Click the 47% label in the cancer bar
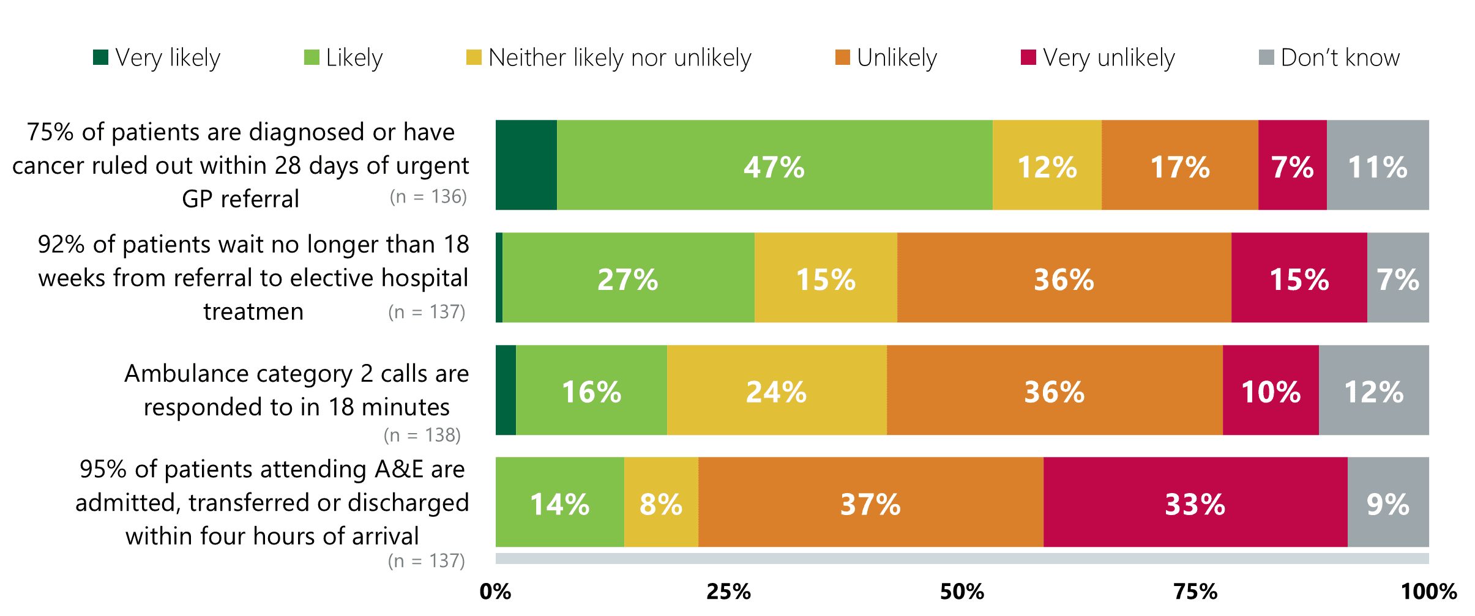774,167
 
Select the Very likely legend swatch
100,58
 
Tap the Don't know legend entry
1329,58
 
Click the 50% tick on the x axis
962,592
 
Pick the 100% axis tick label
1428,592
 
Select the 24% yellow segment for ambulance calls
776,391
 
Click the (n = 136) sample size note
428,196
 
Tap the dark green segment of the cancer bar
526,165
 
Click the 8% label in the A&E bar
660,505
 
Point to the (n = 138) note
422,435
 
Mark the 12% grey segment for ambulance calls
1373,391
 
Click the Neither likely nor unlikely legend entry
608,58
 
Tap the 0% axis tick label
495,592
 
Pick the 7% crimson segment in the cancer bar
1292,166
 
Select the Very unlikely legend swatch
1028,58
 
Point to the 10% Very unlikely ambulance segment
1271,391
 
